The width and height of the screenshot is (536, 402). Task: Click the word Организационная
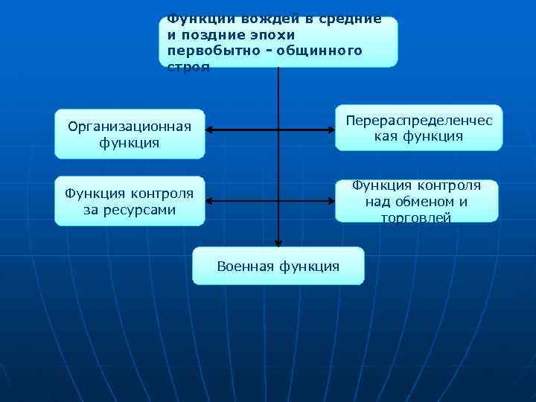point(130,126)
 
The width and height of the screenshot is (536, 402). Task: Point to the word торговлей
point(416,217)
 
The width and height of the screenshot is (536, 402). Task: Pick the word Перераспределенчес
point(419,120)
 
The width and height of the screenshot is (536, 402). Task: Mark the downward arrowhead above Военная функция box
point(278,240)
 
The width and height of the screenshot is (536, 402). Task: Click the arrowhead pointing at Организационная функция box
point(210,130)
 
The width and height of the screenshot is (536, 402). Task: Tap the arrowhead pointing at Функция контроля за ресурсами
point(210,201)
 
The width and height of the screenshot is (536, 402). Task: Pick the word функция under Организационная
point(130,142)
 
